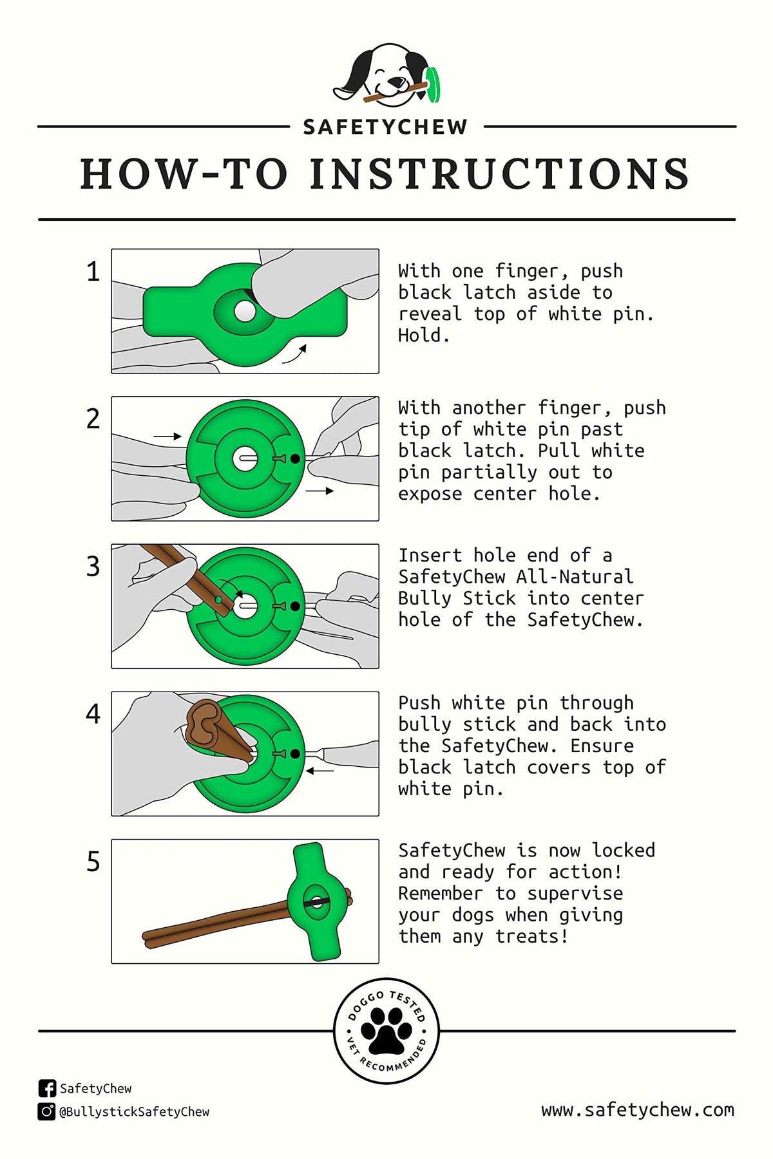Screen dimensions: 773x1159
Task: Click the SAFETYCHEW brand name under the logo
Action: [385, 127]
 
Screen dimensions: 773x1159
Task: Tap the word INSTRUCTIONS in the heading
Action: [499, 174]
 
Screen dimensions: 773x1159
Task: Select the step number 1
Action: [93, 272]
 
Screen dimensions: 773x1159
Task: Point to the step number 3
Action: [93, 567]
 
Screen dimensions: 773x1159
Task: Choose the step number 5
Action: [93, 862]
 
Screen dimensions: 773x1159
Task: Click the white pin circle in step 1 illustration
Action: [245, 312]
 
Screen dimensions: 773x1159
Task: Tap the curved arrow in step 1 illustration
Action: [294, 354]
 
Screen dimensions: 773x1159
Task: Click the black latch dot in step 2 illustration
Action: [295, 458]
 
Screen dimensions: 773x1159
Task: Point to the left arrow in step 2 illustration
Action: [167, 437]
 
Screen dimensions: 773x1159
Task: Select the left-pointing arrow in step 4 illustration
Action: [320, 771]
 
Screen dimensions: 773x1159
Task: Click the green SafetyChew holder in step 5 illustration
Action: [318, 901]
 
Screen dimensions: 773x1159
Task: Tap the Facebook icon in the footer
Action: [47, 1088]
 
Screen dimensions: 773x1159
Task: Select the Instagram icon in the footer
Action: [47, 1111]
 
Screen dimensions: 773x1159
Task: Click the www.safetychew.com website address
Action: [638, 1110]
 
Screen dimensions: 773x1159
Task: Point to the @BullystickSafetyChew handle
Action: [134, 1112]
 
